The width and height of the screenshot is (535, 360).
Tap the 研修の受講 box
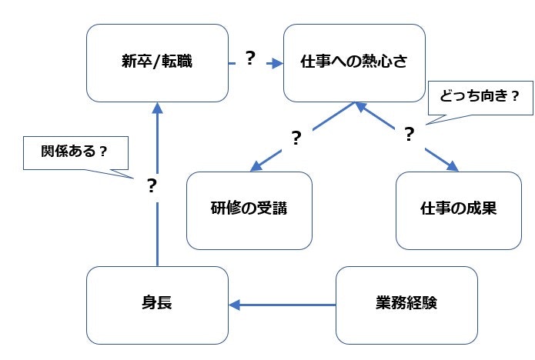pos(249,209)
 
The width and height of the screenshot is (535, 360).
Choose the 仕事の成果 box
pos(459,209)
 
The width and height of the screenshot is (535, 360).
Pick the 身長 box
pos(157,305)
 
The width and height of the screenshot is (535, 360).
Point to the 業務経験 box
pos(407,305)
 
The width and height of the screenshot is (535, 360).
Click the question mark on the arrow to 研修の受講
pos(296,138)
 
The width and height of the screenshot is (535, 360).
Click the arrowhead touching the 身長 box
pos(236,305)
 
